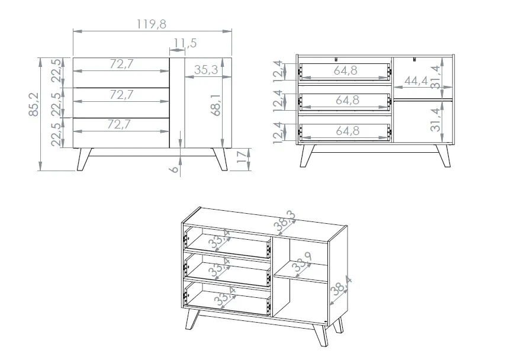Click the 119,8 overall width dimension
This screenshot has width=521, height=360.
[151, 24]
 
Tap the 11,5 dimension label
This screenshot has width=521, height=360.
[185, 43]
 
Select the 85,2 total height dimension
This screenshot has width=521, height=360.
[34, 104]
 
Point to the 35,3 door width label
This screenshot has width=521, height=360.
[206, 70]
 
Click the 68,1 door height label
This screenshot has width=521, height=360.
[216, 105]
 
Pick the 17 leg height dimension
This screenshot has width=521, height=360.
[243, 156]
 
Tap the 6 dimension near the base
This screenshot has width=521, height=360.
[174, 169]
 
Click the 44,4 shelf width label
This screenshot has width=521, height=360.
[416, 81]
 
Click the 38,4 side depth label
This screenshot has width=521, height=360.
[341, 286]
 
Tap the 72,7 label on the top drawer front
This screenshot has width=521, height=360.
[121, 64]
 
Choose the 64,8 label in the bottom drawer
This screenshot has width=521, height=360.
[348, 131]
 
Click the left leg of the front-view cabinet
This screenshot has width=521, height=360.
[85, 159]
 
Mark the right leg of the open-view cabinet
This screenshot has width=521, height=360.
[443, 156]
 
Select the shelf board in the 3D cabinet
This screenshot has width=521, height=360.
[301, 272]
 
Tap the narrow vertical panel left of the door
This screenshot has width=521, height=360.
[177, 102]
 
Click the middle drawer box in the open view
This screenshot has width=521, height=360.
[345, 102]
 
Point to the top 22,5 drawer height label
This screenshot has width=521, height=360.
[56, 70]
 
